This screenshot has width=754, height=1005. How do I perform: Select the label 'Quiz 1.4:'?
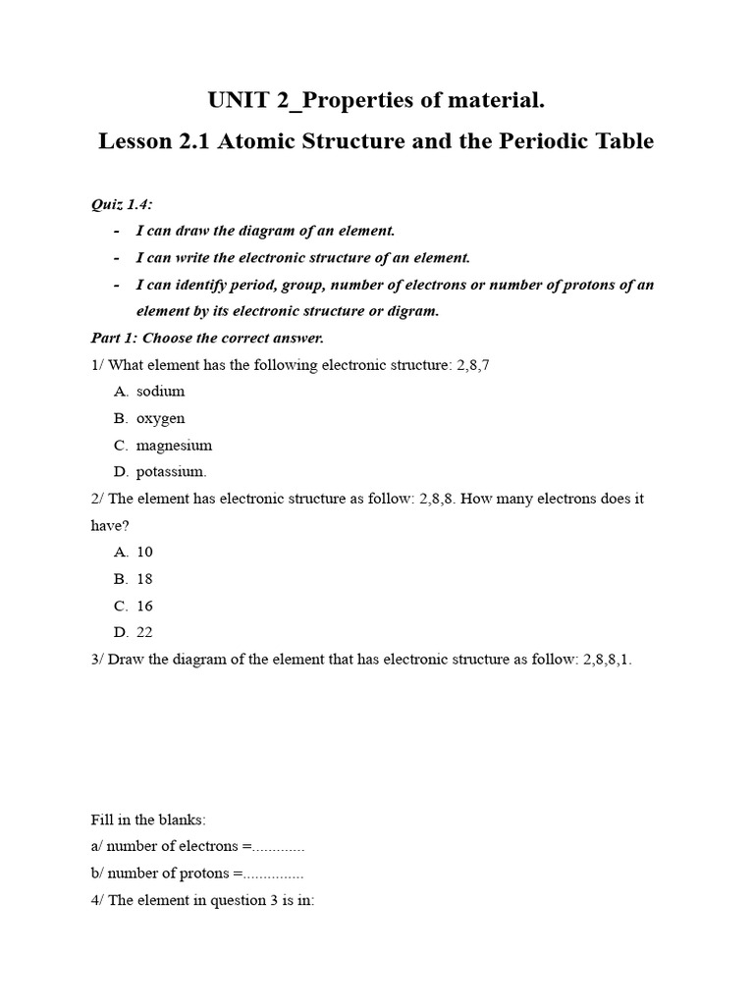(x=122, y=204)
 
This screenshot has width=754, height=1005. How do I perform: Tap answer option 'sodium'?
(x=160, y=392)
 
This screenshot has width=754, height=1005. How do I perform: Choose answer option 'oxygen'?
(x=160, y=418)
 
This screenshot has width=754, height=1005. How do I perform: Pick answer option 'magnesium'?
(x=174, y=445)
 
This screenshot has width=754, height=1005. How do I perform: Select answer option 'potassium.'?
(x=171, y=472)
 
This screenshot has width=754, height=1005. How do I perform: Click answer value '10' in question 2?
(x=144, y=553)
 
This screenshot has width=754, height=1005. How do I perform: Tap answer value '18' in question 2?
(x=144, y=579)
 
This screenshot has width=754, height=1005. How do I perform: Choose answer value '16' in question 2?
(x=144, y=606)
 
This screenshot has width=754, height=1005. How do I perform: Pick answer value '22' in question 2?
(x=144, y=633)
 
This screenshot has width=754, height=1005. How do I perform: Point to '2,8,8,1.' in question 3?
(x=608, y=660)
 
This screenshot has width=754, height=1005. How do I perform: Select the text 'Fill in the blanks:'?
(x=147, y=820)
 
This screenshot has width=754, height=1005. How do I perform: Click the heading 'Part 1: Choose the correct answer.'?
(x=207, y=339)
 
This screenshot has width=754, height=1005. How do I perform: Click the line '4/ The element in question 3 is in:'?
(x=202, y=900)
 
